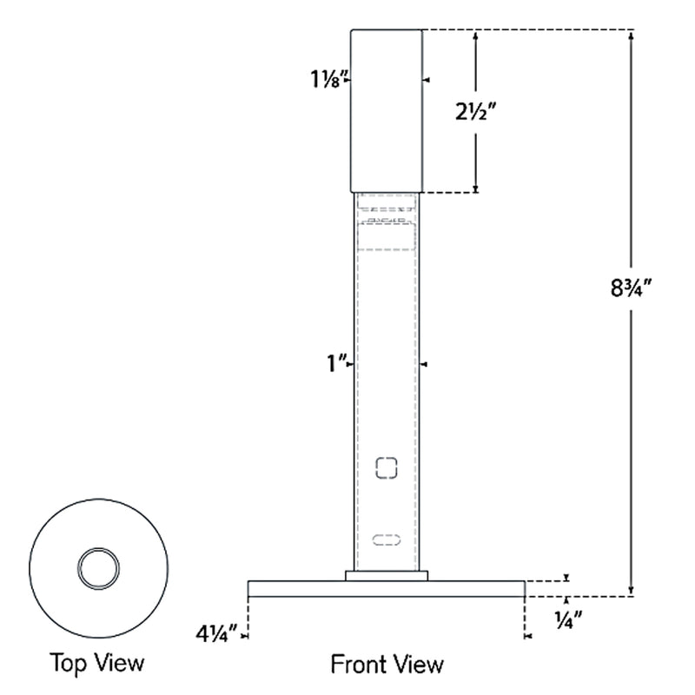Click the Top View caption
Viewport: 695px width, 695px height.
[x=96, y=664]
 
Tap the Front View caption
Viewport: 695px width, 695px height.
[x=387, y=665]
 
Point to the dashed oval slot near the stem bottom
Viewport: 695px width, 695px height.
[x=387, y=540]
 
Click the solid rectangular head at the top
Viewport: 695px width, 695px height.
[x=387, y=110]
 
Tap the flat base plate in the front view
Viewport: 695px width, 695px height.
[x=387, y=589]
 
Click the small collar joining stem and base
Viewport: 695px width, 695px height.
[x=387, y=575]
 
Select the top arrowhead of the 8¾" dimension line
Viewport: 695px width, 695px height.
[x=632, y=36]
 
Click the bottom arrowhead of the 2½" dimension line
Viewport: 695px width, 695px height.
[x=475, y=187]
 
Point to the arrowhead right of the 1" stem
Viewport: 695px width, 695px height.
[x=425, y=364]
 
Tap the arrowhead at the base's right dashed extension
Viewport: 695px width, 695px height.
[x=529, y=637]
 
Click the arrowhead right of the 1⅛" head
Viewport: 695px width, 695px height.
[x=427, y=80]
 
